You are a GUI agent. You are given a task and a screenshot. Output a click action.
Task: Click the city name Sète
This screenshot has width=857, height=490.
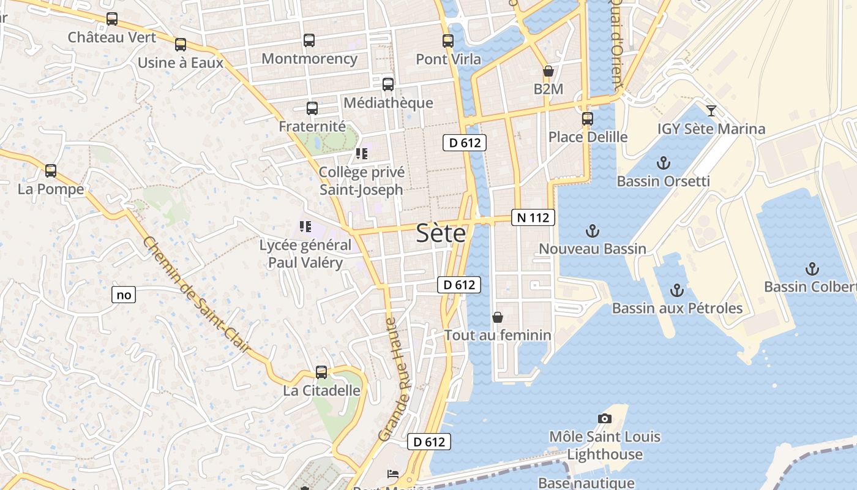[441, 233]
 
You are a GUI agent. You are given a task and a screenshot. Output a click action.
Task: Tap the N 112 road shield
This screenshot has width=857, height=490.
[533, 217]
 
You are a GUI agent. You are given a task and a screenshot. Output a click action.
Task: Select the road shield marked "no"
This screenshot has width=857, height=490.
[124, 295]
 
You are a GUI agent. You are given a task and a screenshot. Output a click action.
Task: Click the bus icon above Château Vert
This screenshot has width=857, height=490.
[112, 19]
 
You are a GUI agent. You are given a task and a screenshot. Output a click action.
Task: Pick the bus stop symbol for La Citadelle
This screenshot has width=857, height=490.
[321, 372]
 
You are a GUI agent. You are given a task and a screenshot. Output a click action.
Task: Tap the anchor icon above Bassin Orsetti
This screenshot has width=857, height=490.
[663, 163]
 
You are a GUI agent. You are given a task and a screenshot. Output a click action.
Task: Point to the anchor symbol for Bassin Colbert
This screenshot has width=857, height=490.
[812, 268]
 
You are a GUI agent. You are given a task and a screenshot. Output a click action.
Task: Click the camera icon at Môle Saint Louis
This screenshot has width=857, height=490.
[605, 418]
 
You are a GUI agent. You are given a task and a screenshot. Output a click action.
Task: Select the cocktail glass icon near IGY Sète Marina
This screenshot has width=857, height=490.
[711, 111]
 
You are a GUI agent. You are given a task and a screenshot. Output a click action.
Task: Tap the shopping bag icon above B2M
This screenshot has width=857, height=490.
[548, 71]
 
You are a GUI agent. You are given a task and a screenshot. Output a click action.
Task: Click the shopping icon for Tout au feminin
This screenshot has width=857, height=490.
[498, 317]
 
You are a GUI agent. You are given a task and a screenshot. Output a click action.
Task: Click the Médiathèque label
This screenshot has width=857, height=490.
[388, 102]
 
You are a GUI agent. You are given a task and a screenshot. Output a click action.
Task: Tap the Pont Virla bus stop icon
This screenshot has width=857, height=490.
[448, 41]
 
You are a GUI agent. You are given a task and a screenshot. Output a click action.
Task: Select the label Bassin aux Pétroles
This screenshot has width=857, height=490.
[677, 308]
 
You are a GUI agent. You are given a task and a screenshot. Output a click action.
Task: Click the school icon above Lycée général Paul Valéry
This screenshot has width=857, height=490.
[305, 227]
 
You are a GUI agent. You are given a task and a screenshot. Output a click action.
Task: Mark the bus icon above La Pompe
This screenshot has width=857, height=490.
[51, 170]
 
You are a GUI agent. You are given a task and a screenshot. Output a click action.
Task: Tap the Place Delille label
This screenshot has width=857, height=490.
[588, 137]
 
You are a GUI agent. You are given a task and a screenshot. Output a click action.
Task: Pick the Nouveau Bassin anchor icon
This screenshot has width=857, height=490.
[592, 231]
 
